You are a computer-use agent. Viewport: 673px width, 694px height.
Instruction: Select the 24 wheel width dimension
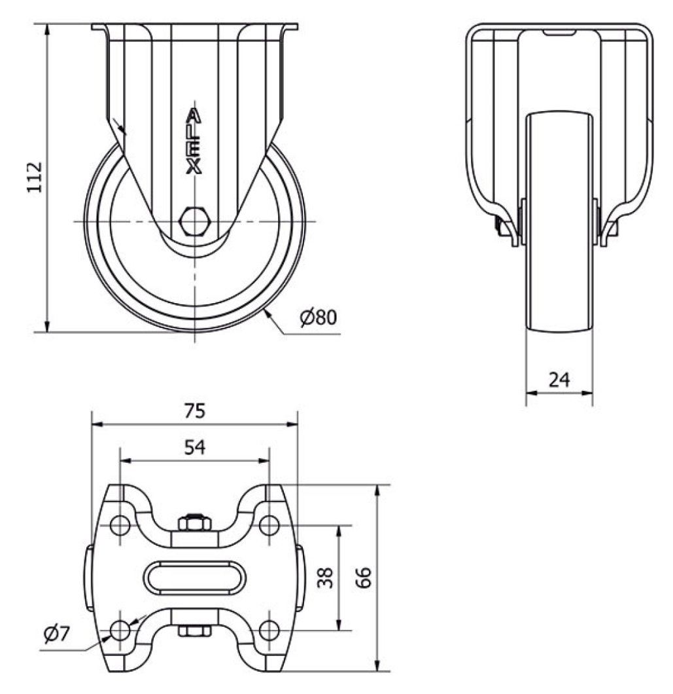coord(559,379)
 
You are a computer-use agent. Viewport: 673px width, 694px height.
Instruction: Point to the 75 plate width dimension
coord(194,411)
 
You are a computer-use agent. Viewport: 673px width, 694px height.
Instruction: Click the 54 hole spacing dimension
coord(194,447)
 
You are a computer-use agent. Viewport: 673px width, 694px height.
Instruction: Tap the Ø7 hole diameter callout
coord(57,633)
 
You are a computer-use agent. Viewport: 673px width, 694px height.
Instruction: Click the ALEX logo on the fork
coord(194,141)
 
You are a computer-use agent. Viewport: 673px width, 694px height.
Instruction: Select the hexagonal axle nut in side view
coord(194,221)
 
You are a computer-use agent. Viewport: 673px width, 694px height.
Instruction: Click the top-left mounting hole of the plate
coord(120,525)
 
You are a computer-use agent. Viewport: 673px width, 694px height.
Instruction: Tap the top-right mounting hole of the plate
coord(269,525)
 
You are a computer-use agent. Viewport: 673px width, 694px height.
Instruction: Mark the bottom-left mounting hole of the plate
coord(120,630)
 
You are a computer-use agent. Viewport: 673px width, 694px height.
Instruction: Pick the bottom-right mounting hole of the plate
coord(269,630)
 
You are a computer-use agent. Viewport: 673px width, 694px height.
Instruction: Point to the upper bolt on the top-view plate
coord(194,522)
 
